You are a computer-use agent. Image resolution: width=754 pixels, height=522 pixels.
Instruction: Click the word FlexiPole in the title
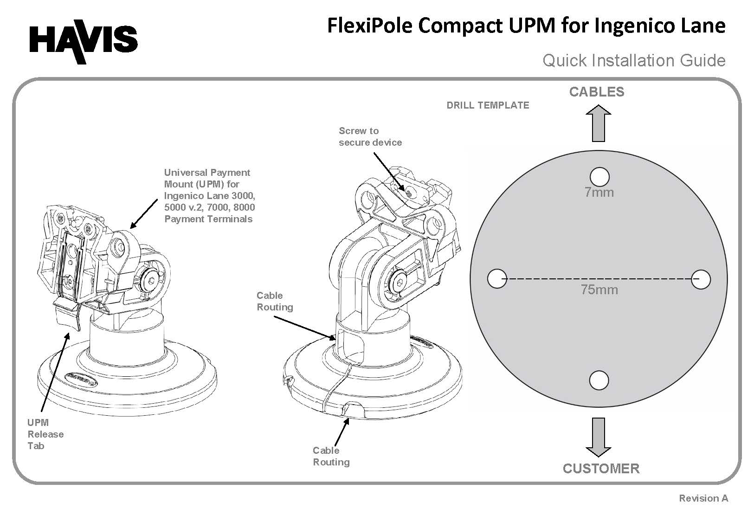pyautogui.click(x=369, y=26)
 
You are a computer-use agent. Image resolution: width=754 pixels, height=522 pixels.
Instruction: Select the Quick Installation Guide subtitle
pyautogui.click(x=633, y=61)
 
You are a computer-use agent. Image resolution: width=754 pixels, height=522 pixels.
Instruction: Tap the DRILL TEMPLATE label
pyautogui.click(x=488, y=105)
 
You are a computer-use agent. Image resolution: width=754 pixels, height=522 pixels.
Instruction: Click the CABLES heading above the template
pyautogui.click(x=597, y=92)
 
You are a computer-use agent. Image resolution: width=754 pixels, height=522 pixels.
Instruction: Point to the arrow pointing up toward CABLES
pyautogui.click(x=599, y=123)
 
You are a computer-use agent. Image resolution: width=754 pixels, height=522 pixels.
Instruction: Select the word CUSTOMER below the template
pyautogui.click(x=601, y=469)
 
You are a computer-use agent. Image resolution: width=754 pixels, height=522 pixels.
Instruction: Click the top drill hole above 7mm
pyautogui.click(x=599, y=177)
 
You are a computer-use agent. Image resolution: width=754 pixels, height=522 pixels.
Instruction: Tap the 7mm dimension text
pyautogui.click(x=599, y=193)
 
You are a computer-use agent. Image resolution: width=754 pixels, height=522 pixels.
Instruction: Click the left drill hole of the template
pyautogui.click(x=497, y=279)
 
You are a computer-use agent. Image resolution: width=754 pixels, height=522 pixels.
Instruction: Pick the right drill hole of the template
pyautogui.click(x=701, y=279)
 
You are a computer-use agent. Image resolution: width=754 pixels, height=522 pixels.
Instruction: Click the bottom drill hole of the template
pyautogui.click(x=599, y=380)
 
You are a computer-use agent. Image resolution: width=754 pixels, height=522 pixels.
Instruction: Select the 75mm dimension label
pyautogui.click(x=599, y=290)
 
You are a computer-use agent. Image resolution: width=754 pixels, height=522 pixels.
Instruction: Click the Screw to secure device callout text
pyautogui.click(x=370, y=137)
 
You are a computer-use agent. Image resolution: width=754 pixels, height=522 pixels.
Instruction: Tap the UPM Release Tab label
pyautogui.click(x=45, y=434)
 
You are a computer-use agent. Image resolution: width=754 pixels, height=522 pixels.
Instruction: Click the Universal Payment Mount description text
pyautogui.click(x=209, y=196)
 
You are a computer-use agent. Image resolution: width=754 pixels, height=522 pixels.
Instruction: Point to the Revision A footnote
pyautogui.click(x=703, y=498)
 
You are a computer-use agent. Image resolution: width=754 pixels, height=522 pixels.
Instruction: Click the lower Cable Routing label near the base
pyautogui.click(x=331, y=456)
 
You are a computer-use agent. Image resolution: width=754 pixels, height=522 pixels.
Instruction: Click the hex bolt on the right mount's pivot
pyautogui.click(x=400, y=283)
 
